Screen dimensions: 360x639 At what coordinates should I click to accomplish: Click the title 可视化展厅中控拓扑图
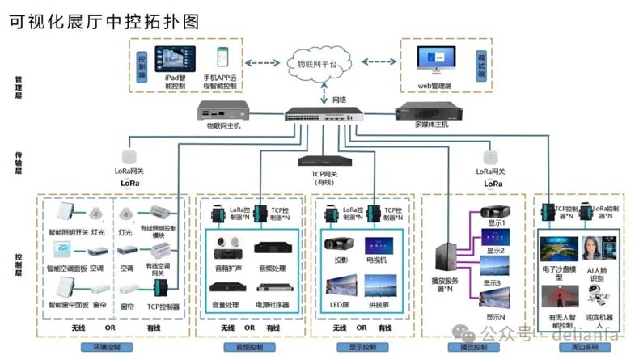click(x=104, y=21)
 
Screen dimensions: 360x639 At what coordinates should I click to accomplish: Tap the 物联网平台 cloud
click(x=316, y=62)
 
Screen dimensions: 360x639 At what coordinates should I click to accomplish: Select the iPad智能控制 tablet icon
click(x=176, y=58)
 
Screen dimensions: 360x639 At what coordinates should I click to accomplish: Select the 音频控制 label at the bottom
click(x=249, y=346)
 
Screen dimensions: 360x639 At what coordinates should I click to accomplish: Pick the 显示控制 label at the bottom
click(x=365, y=346)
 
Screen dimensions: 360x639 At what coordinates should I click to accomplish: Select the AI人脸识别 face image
click(x=595, y=248)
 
